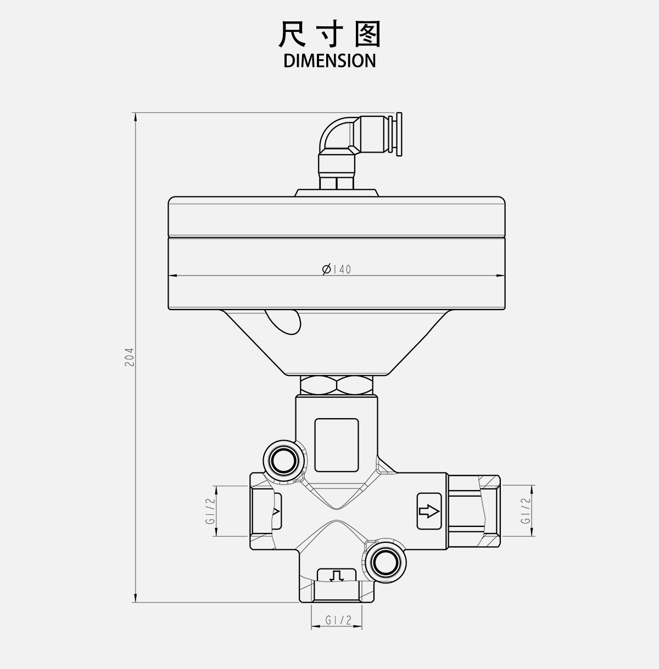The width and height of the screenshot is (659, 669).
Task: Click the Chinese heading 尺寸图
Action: click(329, 34)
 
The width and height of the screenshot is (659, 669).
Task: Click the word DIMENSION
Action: click(329, 60)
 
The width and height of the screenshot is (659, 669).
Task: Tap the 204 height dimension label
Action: click(129, 357)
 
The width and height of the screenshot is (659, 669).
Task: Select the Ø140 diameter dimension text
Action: click(337, 269)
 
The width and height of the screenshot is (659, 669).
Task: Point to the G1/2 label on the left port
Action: click(210, 511)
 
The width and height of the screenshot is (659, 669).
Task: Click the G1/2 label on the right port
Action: click(525, 511)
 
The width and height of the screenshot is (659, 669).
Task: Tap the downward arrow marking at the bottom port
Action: click(337, 576)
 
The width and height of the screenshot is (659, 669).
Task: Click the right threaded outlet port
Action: click(473, 511)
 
